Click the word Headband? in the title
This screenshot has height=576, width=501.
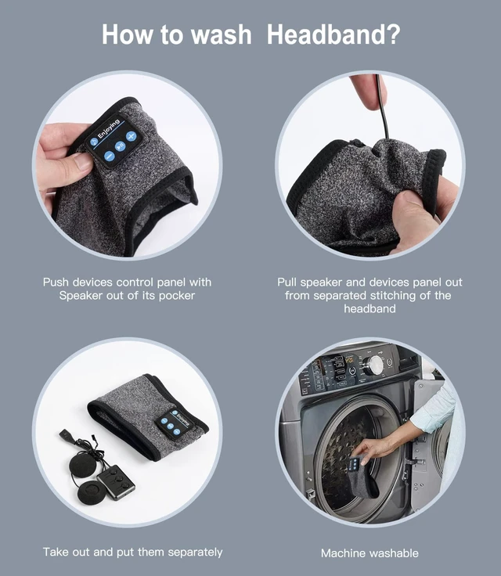(x=333, y=34)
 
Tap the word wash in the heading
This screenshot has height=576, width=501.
(x=222, y=34)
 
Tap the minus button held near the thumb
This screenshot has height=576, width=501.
(x=109, y=156)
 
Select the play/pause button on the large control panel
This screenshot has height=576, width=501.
(x=121, y=146)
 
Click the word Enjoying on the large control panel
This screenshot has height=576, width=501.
(x=108, y=128)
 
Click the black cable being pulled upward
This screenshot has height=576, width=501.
(x=382, y=106)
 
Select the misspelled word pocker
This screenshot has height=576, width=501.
(x=177, y=296)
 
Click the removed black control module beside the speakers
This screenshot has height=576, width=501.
(x=116, y=482)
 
